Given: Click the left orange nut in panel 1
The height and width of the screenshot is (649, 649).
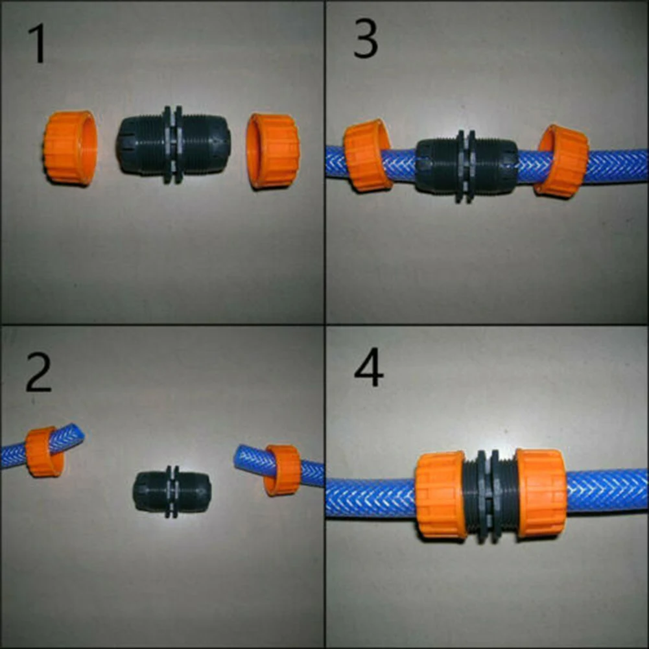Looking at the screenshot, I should (x=69, y=148).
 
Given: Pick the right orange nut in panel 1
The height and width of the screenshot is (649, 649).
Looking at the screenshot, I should (x=273, y=150).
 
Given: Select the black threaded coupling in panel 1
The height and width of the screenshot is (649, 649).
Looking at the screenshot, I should (x=173, y=145).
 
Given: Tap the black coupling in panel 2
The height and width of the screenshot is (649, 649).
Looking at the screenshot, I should (x=172, y=491).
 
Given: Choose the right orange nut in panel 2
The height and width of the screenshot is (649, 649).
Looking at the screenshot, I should (x=283, y=469).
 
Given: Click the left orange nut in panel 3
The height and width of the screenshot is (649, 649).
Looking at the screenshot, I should (x=367, y=156).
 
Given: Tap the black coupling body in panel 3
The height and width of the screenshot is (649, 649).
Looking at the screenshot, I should (x=466, y=166).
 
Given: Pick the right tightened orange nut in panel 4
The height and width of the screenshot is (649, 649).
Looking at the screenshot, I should (x=541, y=493).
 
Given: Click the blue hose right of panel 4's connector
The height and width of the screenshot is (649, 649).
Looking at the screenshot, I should (x=606, y=491).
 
